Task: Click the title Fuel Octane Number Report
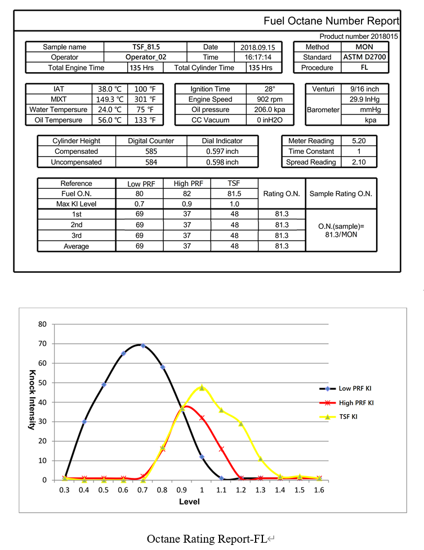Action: (331, 21)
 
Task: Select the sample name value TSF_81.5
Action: (146, 47)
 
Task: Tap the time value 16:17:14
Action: (258, 57)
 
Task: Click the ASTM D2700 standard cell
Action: (364, 57)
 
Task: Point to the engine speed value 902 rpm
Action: (270, 99)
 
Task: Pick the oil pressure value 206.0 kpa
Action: (270, 109)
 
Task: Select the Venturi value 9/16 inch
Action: (364, 89)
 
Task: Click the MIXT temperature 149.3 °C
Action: (110, 99)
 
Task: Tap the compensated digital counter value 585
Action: (151, 152)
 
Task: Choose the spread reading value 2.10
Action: (359, 162)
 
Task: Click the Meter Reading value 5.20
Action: (359, 141)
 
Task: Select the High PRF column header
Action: (188, 184)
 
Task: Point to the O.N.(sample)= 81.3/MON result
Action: (341, 230)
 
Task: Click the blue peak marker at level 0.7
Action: (143, 346)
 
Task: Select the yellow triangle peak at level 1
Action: (202, 388)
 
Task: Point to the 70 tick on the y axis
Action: (42, 344)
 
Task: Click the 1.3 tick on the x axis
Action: (260, 490)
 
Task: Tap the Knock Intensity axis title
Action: (32, 400)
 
